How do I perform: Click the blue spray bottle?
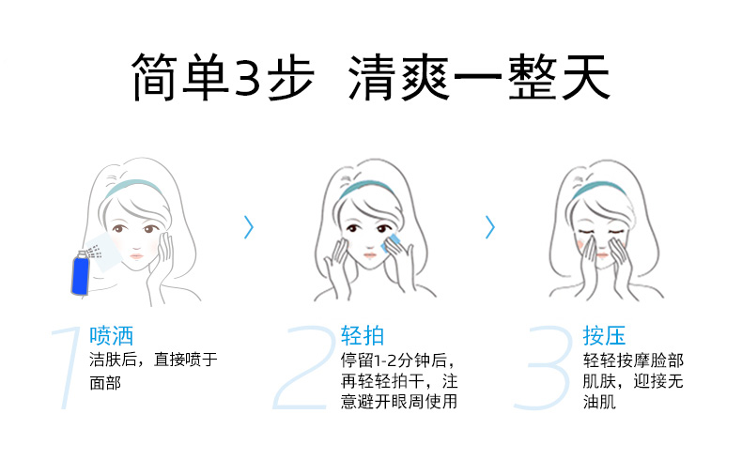81,273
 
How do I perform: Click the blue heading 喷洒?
111,336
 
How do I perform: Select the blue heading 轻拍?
363,336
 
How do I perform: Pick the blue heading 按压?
604,336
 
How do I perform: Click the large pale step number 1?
69,367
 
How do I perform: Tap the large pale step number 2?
302,367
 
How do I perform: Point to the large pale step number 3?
544,367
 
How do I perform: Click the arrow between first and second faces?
249,227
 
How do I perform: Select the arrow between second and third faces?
490,227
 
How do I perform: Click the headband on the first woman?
135,185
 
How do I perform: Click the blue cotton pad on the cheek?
391,244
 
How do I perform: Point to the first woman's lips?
137,256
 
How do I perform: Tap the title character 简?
155,77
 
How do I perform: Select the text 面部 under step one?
105,382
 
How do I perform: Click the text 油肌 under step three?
599,402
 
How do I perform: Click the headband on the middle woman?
366,187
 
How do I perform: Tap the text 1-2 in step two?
385,361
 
